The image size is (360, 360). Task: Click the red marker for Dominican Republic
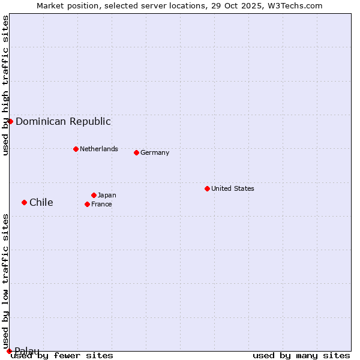click(x=10, y=121)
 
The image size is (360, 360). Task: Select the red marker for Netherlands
click(x=76, y=149)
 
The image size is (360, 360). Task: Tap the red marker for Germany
click(x=136, y=152)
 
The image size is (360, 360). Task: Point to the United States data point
click(x=207, y=188)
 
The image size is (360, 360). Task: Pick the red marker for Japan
click(x=94, y=195)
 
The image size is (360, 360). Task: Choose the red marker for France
click(x=87, y=204)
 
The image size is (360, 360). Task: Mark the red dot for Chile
click(x=24, y=202)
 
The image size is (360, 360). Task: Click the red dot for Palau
click(x=9, y=351)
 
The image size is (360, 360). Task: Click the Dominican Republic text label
click(x=63, y=122)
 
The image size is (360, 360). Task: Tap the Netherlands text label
click(x=99, y=149)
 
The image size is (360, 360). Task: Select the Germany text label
click(x=155, y=152)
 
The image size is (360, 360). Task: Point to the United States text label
click(x=233, y=188)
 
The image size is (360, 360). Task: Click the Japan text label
click(x=107, y=195)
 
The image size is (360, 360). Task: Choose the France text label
click(x=101, y=204)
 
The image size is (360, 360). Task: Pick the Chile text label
click(x=41, y=202)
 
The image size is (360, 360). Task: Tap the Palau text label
click(x=27, y=351)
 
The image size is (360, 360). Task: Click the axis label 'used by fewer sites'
click(x=62, y=355)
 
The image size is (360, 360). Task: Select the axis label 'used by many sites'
click(x=301, y=355)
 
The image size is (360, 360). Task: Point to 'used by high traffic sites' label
click(x=6, y=85)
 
